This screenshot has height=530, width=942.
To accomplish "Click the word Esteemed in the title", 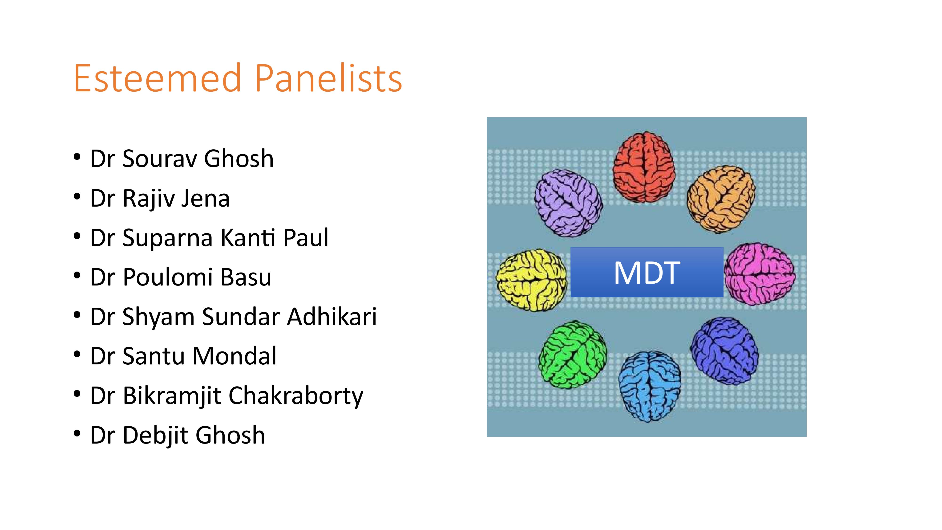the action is click(158, 78).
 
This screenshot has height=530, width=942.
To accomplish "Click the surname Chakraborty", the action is click(296, 396).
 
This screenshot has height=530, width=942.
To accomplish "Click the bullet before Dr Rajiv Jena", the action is click(77, 197).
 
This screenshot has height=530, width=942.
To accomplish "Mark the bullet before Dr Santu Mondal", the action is click(77, 355).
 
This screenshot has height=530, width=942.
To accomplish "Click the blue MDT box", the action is click(647, 272).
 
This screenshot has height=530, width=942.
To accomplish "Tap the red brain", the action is click(644, 167).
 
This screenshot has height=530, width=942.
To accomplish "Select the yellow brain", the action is click(532, 280).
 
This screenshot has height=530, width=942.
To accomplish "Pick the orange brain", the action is click(721, 199).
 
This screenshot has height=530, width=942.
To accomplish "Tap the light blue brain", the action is click(649, 387).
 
